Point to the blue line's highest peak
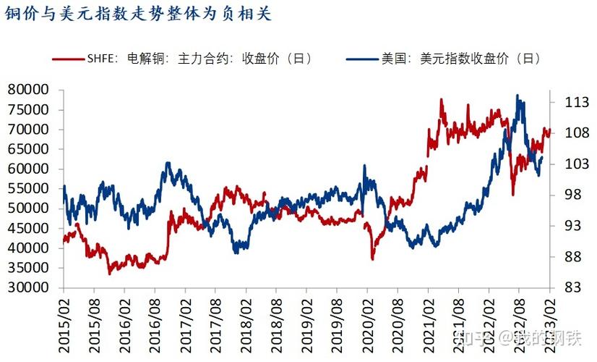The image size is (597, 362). click(x=517, y=95)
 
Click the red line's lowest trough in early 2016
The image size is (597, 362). click(x=110, y=274)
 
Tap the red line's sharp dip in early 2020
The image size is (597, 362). click(x=373, y=258)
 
